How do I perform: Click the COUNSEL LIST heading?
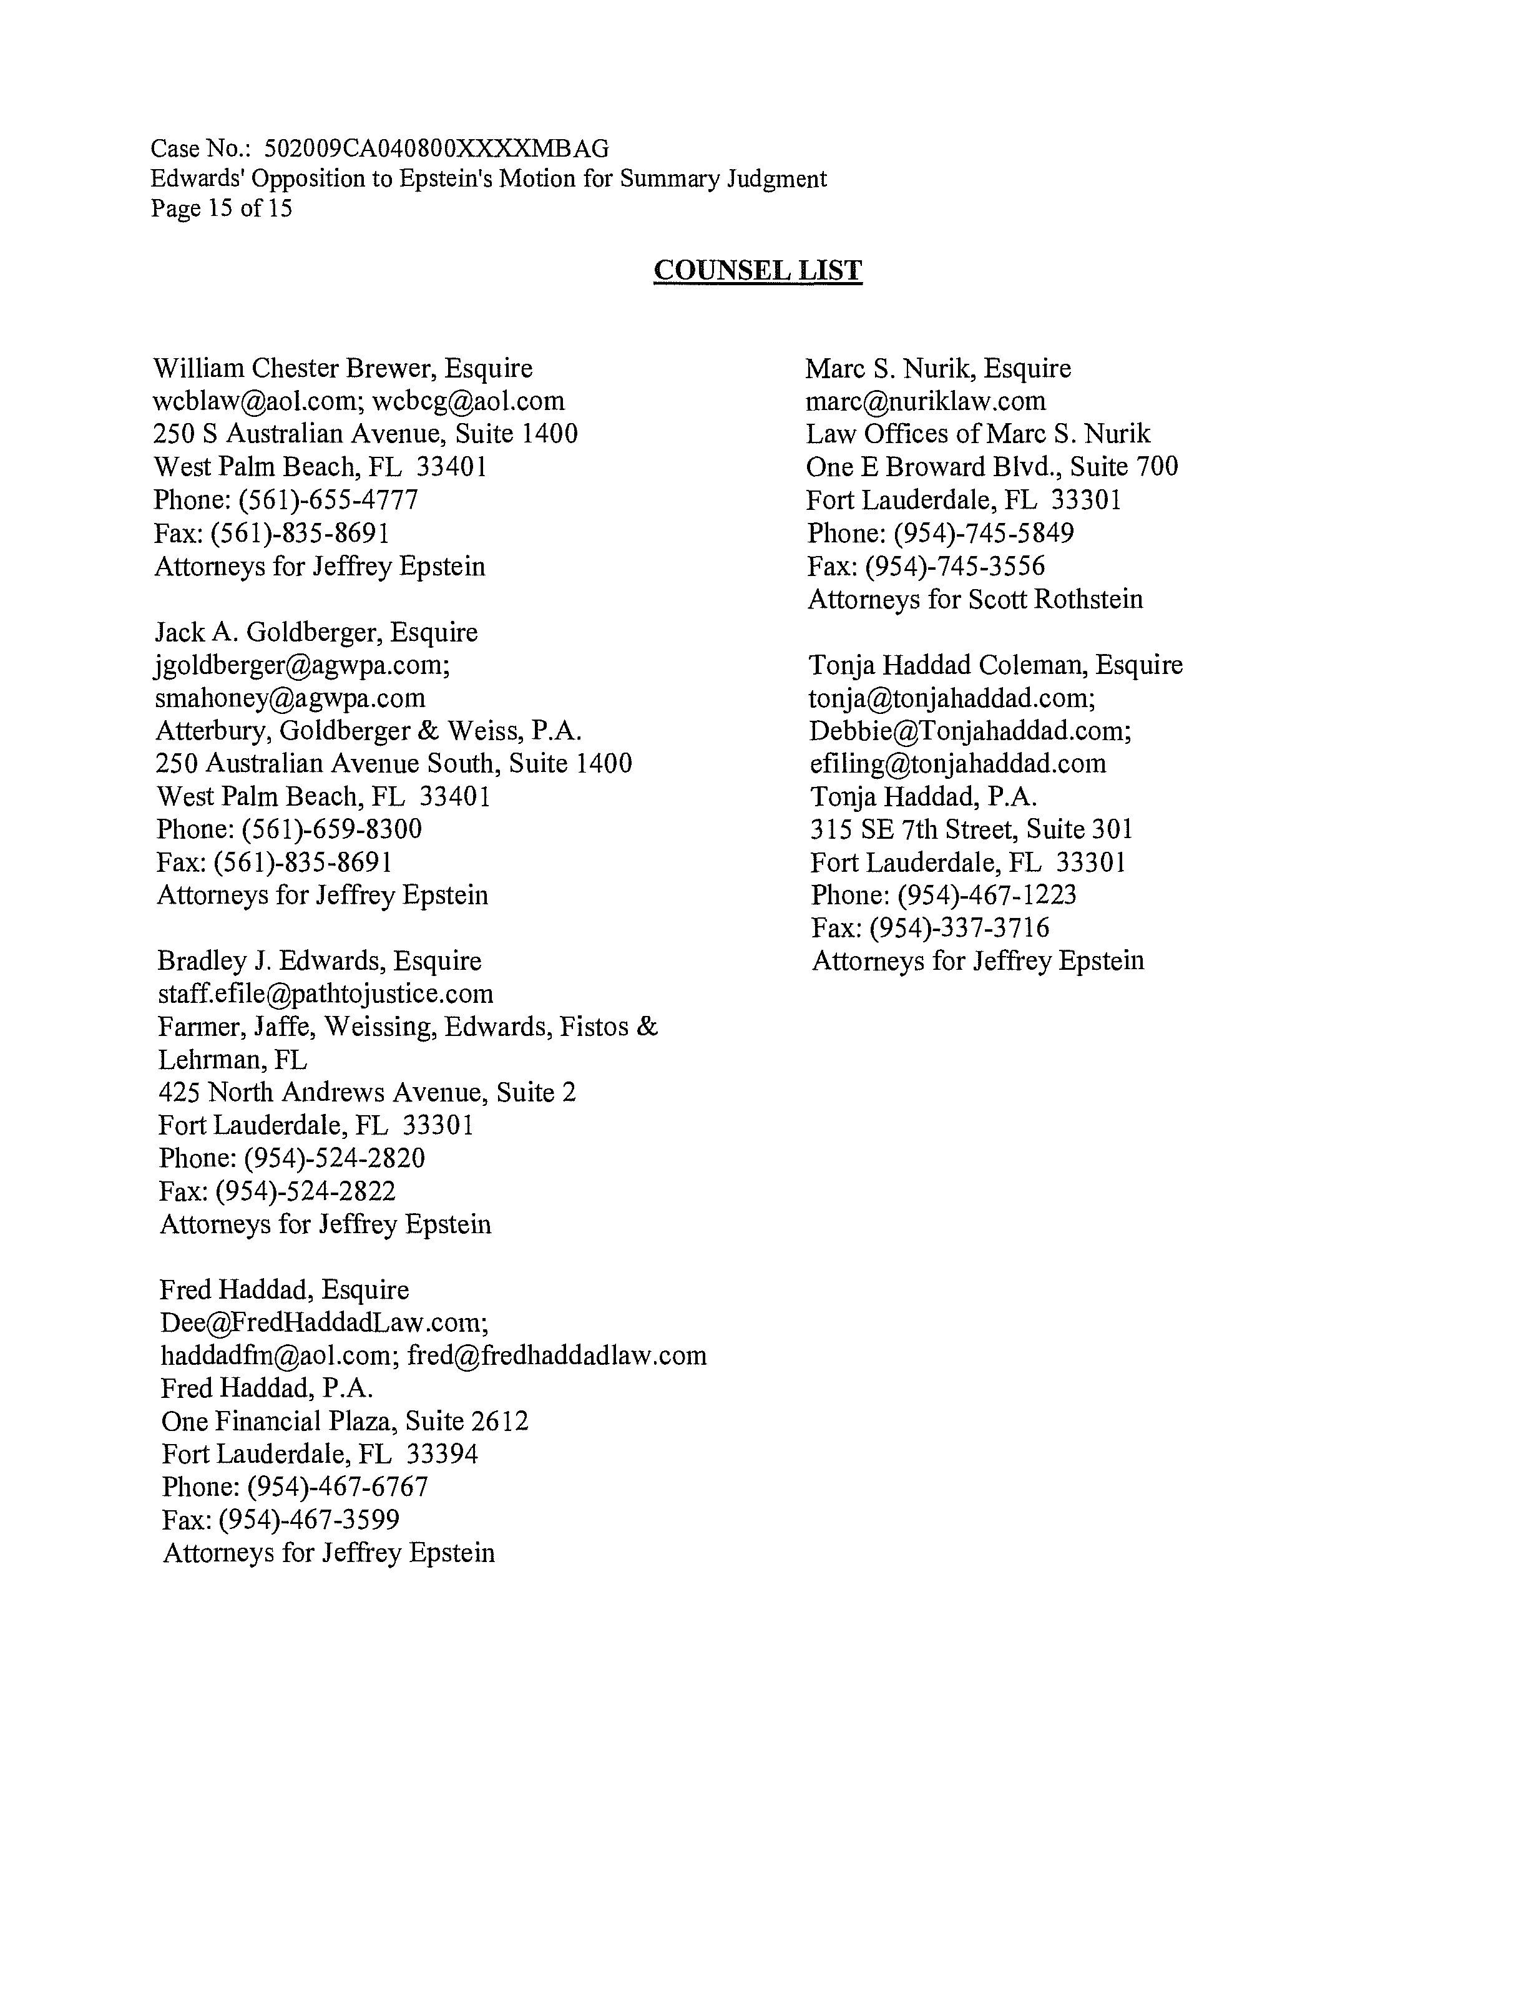[758, 270]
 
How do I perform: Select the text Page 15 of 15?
[221, 208]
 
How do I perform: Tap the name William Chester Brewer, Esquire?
[343, 368]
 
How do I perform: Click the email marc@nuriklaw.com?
[926, 401]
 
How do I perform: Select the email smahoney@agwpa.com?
[290, 698]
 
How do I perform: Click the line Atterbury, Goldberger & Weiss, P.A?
[368, 730]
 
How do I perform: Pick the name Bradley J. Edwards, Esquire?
[320, 960]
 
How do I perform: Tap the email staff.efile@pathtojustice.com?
[326, 994]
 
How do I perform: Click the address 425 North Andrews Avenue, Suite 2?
[366, 1092]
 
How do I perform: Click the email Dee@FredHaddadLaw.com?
[323, 1322]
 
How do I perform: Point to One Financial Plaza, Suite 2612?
[345, 1421]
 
